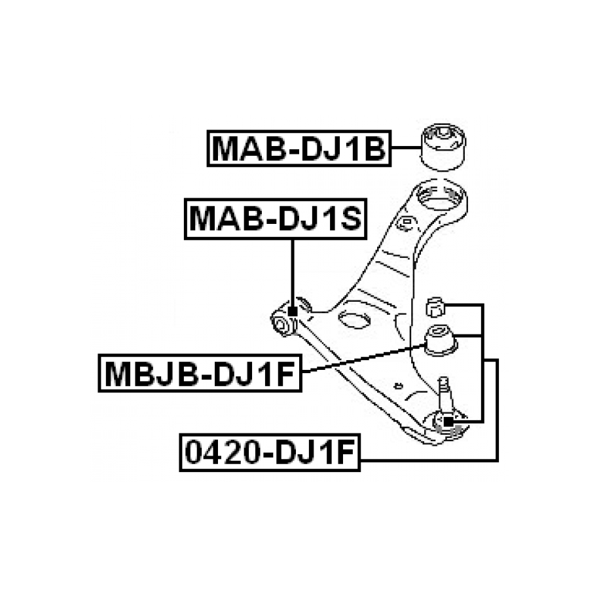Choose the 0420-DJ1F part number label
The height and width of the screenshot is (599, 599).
pos(270,454)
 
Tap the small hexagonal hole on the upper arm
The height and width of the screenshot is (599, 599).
pos(405,223)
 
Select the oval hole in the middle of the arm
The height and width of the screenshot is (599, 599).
pos(354,319)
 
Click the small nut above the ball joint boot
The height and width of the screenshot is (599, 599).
pos(435,305)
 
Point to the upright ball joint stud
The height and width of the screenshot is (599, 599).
pos(443,390)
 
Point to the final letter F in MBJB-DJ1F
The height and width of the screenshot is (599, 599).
pos(286,374)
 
